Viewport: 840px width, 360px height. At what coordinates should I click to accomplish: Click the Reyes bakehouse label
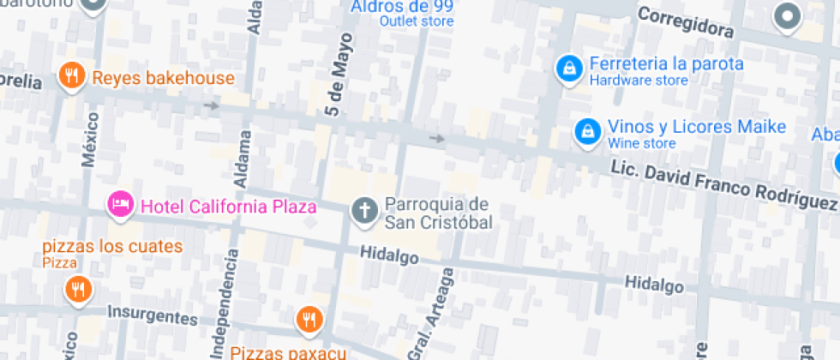(163, 79)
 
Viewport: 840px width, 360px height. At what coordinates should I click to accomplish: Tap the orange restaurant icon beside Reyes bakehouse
(72, 76)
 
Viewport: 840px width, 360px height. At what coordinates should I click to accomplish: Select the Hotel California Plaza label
(229, 207)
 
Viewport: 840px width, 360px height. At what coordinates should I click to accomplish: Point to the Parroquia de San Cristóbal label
(437, 213)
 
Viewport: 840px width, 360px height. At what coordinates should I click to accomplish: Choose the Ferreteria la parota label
(666, 64)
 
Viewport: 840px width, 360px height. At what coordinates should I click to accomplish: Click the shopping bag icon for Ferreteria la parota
(567, 68)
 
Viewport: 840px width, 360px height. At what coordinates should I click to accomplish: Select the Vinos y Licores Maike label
(697, 127)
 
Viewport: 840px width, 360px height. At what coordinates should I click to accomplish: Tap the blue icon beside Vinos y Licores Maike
(586, 130)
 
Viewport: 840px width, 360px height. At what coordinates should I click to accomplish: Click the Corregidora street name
(686, 21)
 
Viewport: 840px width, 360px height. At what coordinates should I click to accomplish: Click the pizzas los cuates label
(113, 247)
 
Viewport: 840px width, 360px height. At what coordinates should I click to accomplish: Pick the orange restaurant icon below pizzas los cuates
(78, 289)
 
